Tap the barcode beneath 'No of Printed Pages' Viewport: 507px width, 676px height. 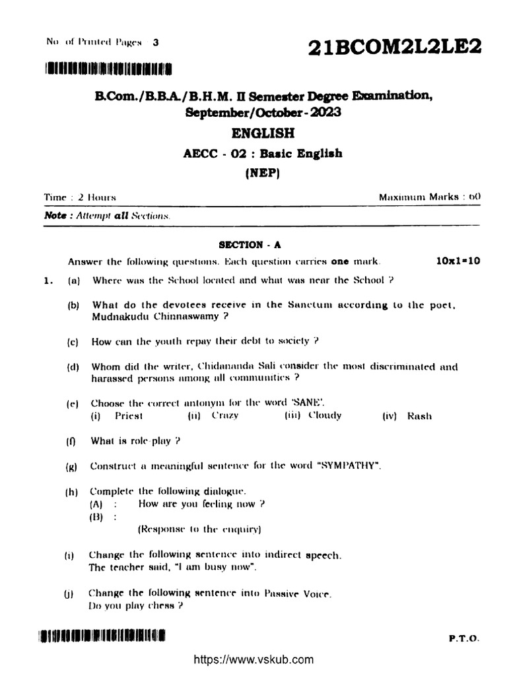point(109,68)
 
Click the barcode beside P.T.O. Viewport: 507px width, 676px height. point(103,637)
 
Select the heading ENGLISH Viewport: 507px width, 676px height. point(263,133)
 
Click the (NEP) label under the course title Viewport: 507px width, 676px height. point(263,174)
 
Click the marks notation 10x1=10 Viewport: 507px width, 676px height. point(458,261)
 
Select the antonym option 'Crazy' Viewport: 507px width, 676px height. point(225,416)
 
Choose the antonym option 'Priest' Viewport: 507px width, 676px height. point(129,416)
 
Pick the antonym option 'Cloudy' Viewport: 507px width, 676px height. point(325,416)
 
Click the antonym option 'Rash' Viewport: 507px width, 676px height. point(420,416)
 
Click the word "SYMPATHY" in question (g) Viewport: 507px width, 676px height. point(350,466)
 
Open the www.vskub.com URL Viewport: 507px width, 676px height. point(253,659)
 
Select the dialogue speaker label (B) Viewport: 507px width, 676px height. point(97,518)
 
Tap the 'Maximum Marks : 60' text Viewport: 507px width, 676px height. point(430,197)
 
